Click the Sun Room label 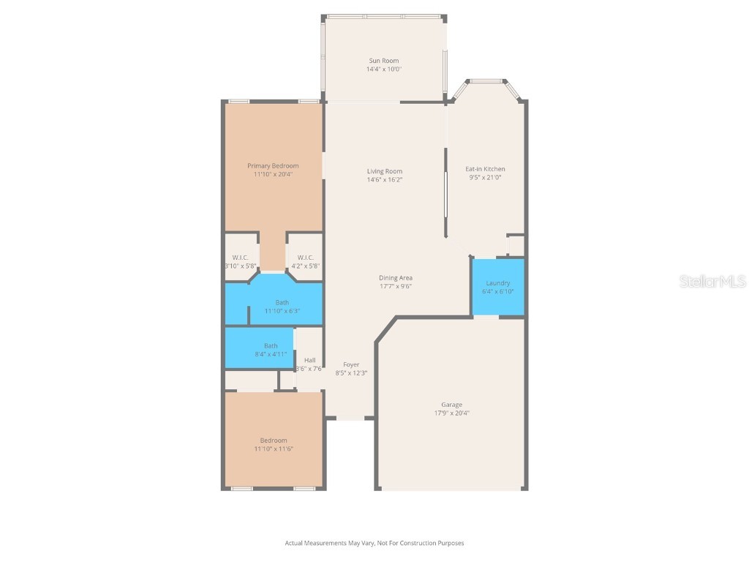[383, 61]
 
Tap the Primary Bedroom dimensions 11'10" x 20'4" [273, 174]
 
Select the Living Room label [385, 171]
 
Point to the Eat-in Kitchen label [485, 169]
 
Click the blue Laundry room [497, 287]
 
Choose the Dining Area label [395, 277]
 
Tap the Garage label [451, 405]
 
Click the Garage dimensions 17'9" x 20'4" [451, 413]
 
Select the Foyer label [351, 364]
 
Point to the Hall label [309, 360]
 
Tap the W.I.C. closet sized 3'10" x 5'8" [241, 262]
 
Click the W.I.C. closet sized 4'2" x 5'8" [305, 262]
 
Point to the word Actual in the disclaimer [294, 543]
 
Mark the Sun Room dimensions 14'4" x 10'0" [383, 70]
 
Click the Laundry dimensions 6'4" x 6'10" [497, 291]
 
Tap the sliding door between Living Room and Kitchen [445, 194]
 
